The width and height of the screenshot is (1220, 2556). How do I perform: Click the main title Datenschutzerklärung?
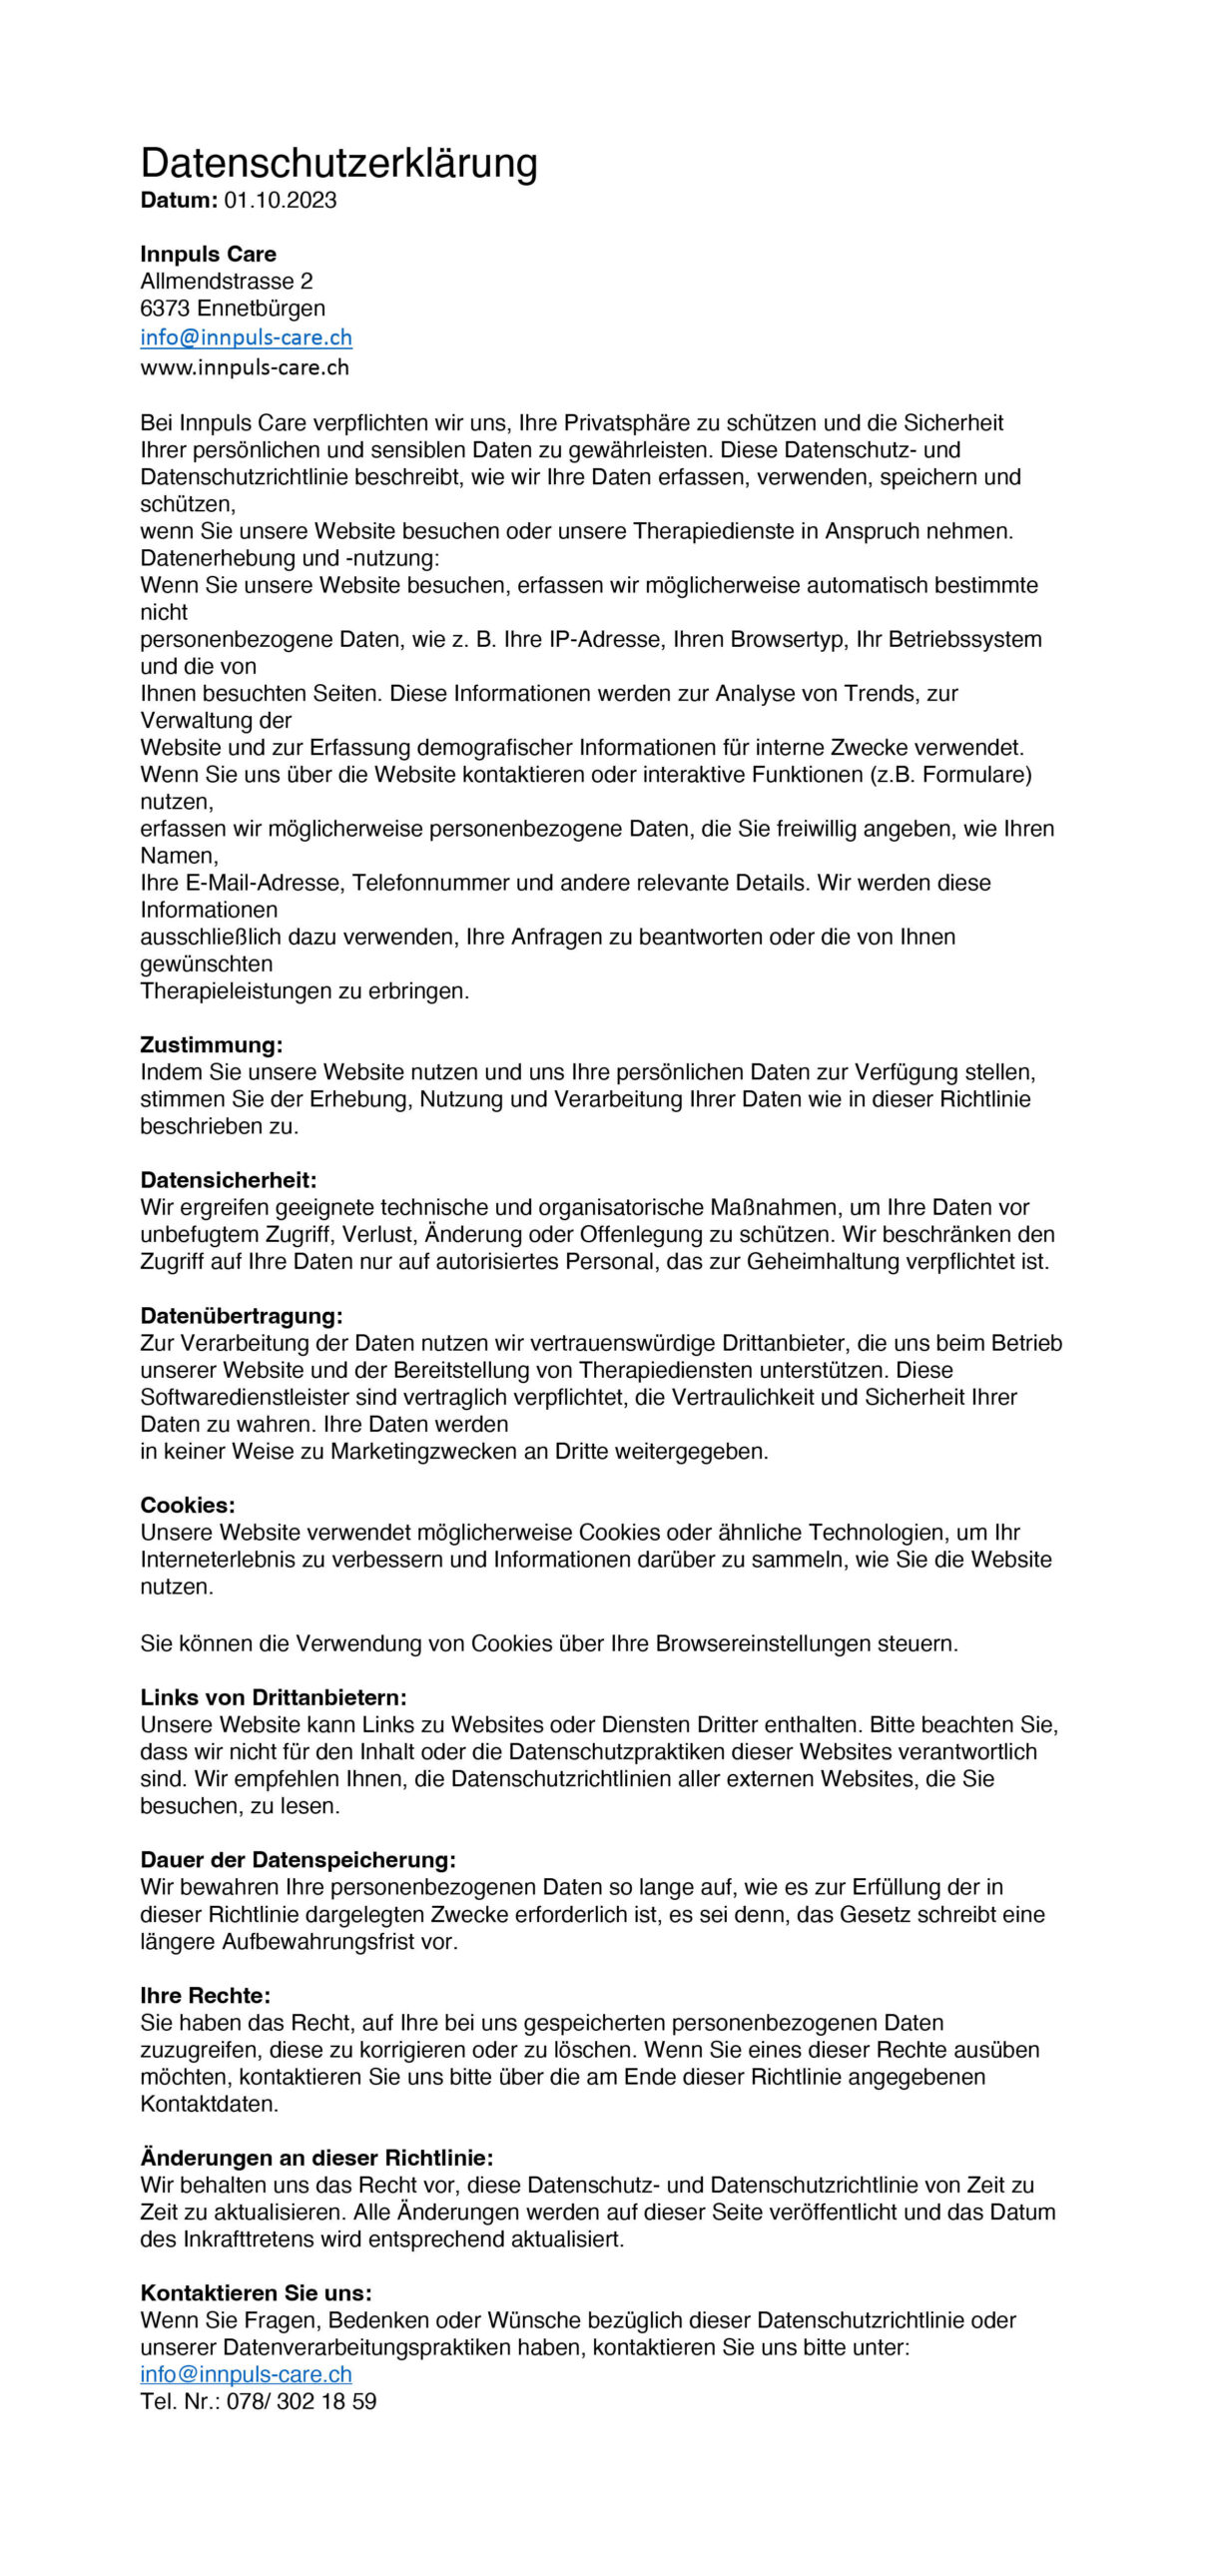click(x=338, y=163)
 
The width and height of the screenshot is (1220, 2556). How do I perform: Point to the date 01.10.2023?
click(x=281, y=201)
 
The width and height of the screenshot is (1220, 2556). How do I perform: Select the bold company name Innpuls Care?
click(x=208, y=254)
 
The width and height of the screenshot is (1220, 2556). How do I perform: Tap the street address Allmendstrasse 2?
click(x=226, y=282)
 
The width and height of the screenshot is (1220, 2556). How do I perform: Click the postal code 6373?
click(x=165, y=309)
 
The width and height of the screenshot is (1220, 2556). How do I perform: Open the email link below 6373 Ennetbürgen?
click(x=246, y=337)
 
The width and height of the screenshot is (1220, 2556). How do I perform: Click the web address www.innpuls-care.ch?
click(x=245, y=367)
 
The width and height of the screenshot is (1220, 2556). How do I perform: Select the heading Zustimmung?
click(x=212, y=1045)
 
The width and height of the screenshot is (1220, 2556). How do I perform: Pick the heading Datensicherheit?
click(x=228, y=1181)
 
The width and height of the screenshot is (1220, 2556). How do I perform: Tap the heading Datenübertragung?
click(x=241, y=1316)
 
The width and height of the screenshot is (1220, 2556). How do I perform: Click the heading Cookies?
click(x=188, y=1505)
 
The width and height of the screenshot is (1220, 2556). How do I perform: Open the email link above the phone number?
click(x=246, y=2374)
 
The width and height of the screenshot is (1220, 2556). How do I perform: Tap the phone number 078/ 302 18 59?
click(x=302, y=2402)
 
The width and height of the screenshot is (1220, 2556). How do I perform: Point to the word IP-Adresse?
click(x=606, y=639)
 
